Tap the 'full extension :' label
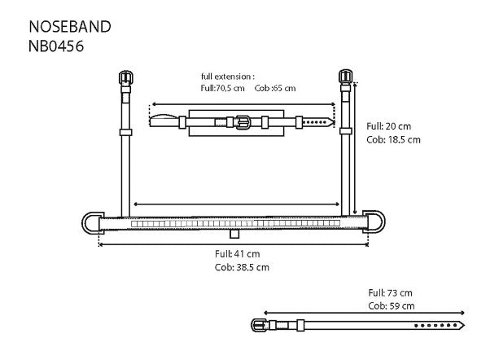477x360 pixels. point(228,76)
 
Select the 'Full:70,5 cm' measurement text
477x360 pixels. point(223,87)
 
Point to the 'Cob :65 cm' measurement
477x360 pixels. point(275,87)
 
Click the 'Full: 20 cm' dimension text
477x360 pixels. point(390,126)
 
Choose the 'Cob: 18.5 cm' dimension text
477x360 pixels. point(393,139)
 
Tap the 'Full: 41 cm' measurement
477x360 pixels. point(237,254)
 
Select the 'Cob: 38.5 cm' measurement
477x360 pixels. point(241,267)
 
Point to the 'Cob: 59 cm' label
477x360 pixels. point(391,305)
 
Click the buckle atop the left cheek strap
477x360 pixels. point(125,79)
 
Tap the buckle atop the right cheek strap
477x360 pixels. point(344,78)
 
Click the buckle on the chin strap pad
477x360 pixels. point(241,122)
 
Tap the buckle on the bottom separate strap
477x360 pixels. point(260,325)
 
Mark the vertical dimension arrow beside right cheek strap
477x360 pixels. point(356,147)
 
